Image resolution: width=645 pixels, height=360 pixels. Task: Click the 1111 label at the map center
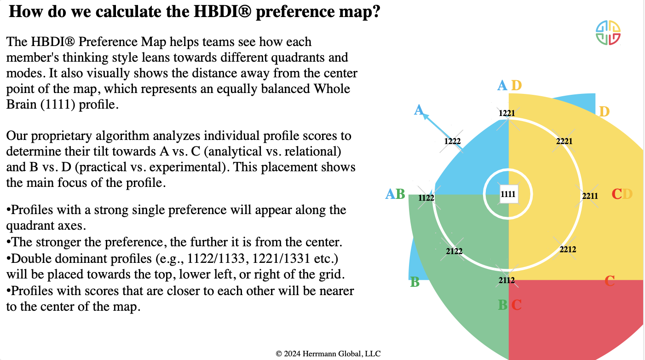508,194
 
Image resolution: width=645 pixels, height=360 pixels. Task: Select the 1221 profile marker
507,113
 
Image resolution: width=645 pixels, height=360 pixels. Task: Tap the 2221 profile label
564,141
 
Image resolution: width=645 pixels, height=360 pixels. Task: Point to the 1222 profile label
453,141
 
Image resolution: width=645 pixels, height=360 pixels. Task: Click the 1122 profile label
426,198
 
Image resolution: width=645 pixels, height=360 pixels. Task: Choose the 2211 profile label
590,196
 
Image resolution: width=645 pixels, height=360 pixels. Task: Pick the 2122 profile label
454,251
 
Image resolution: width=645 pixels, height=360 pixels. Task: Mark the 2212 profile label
568,250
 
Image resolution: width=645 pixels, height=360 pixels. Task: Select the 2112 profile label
506,280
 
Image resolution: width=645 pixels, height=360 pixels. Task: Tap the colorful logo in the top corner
608,33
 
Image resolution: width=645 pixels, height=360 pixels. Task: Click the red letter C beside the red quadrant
610,280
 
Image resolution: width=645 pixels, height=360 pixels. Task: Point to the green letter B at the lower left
415,282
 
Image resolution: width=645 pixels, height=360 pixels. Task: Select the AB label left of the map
395,194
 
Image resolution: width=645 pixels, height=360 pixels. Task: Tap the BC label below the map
510,305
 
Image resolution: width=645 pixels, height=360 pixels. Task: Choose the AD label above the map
510,85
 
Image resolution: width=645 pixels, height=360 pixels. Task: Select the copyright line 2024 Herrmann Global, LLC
328,354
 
